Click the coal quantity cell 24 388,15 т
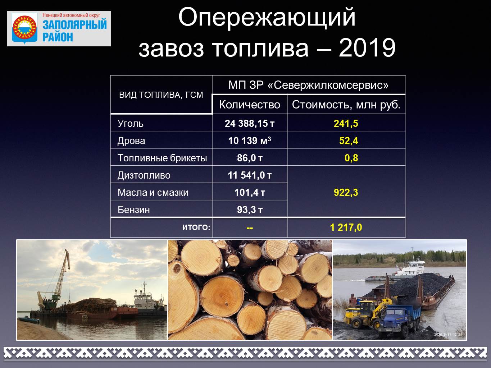[x=249, y=123]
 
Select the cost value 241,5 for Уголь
[x=346, y=123]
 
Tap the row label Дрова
[x=131, y=141]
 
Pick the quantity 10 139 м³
[x=249, y=141]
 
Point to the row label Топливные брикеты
[x=162, y=158]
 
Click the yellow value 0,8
[x=351, y=158]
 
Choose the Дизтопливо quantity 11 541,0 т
[x=249, y=175]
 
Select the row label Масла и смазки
[x=153, y=192]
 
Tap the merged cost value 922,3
[x=346, y=192]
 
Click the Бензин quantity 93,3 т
[x=249, y=210]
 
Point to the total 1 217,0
[x=346, y=227]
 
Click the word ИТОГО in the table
[x=195, y=227]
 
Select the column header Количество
[x=249, y=105]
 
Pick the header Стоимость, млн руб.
[x=346, y=105]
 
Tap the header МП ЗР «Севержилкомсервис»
[x=308, y=85]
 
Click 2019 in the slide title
[x=367, y=48]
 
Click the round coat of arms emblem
[x=24, y=28]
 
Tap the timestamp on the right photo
[x=448, y=335]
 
